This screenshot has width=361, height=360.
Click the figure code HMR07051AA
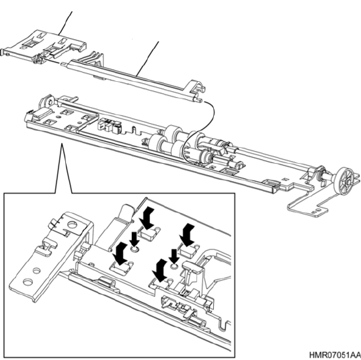click(334, 355)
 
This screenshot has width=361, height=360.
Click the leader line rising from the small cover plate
click(65, 23)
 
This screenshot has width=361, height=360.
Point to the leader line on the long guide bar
click(147, 59)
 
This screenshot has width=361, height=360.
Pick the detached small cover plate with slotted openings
click(44, 47)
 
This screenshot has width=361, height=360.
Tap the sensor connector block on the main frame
click(109, 126)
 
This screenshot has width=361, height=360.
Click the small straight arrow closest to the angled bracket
click(135, 240)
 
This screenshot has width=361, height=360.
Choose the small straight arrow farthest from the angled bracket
click(174, 256)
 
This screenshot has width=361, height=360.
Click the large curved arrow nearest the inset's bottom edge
click(160, 270)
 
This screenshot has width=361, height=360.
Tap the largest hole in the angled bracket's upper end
click(72, 224)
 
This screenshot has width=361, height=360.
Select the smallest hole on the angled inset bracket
click(36, 271)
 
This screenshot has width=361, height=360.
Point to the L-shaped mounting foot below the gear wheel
click(307, 207)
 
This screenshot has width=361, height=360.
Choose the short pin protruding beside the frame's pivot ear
click(74, 98)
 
